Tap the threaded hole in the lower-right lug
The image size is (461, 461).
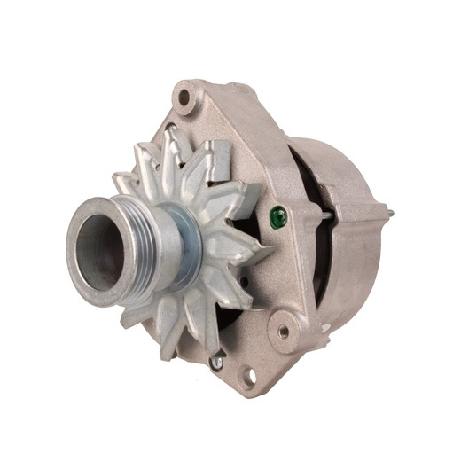pos(284,332)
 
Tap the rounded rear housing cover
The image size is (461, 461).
pos(355,257)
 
